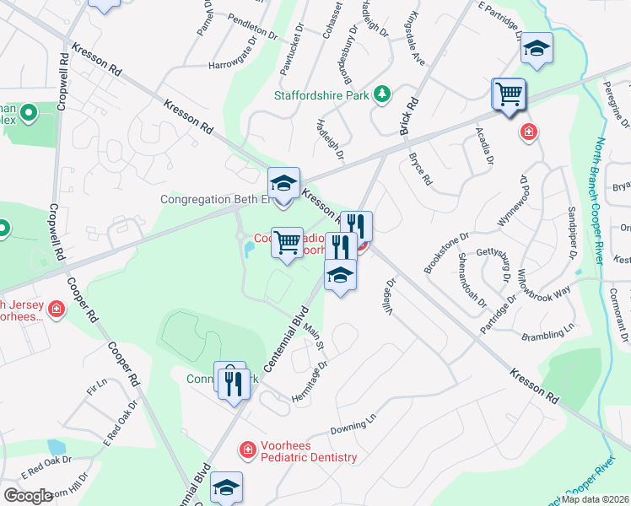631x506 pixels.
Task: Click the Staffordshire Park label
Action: point(321,95)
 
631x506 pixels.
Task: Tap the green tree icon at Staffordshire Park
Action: point(382,92)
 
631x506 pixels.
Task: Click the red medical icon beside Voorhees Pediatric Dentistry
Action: point(247,451)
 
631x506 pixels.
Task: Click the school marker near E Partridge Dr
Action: point(536,49)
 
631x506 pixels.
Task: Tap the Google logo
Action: point(27,495)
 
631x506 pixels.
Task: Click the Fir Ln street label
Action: point(97,387)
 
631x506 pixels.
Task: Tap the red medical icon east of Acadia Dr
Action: point(528,132)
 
